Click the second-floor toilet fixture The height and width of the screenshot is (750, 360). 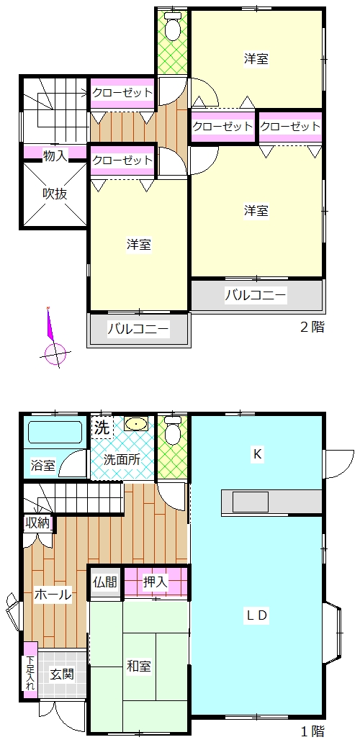[172, 27]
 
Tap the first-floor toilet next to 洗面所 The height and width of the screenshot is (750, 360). [172, 431]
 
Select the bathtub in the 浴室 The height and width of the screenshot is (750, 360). [55, 432]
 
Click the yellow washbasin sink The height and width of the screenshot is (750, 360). [137, 424]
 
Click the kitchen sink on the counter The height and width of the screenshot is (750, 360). [251, 502]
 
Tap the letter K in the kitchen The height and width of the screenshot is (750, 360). [257, 455]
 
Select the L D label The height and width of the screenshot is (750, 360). [256, 615]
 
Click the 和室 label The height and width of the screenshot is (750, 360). [139, 666]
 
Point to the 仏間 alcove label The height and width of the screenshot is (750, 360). [105, 582]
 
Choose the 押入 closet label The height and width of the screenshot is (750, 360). [156, 582]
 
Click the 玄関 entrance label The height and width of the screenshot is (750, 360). [62, 674]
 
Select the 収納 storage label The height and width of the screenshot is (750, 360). [37, 523]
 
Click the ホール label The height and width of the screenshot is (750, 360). [53, 595]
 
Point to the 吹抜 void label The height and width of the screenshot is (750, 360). [54, 194]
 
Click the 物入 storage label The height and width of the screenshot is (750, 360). [55, 155]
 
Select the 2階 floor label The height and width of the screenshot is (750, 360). [312, 327]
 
